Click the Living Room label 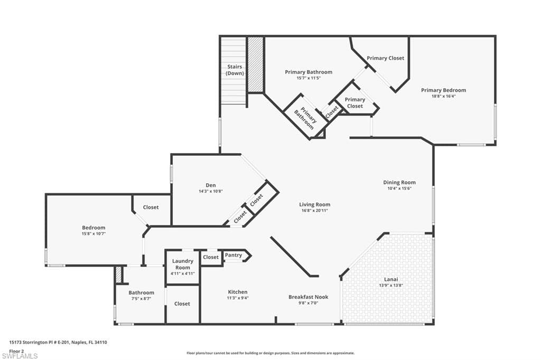point(315,204)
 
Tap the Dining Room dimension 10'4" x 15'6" point(399,188)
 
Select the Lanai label point(391,279)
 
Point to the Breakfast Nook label point(309,297)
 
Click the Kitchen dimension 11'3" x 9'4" point(238,298)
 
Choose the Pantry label point(233,255)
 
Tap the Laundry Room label point(182,264)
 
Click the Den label point(210,185)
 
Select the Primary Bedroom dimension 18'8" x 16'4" point(443,96)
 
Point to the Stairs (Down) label point(235,70)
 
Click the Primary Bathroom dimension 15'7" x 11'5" point(309,78)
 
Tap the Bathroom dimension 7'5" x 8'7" point(141,299)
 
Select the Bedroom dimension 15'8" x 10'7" point(94,233)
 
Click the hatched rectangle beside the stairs point(256,64)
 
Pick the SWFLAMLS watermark point(20,356)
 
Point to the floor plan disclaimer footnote point(270,353)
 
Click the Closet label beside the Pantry point(211,257)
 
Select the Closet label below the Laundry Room point(182,304)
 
